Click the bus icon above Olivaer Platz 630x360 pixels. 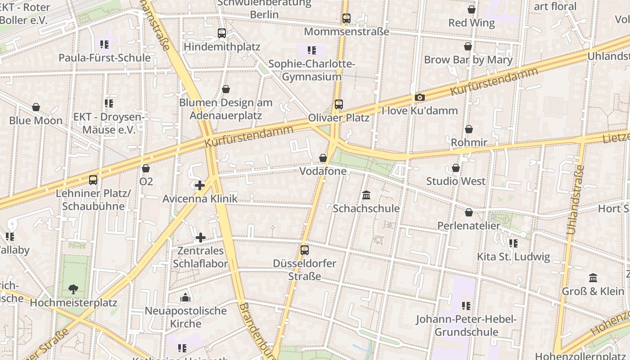(x=339, y=104)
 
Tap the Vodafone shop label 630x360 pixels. (x=323, y=171)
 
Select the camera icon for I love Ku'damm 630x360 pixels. (x=419, y=98)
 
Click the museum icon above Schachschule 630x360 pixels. (x=366, y=195)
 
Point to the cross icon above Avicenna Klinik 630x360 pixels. (x=200, y=185)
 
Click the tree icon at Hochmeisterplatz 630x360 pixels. (x=73, y=289)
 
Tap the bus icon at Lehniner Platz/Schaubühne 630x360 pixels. (x=93, y=180)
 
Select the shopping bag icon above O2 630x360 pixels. (x=145, y=168)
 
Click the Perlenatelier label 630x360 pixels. (x=468, y=225)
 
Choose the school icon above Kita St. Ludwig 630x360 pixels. (x=513, y=243)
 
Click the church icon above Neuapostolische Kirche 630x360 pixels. (x=185, y=297)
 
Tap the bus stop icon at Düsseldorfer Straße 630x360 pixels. (x=305, y=250)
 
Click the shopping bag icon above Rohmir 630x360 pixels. (x=469, y=129)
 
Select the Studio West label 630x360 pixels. (x=456, y=181)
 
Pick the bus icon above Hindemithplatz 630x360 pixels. (x=222, y=33)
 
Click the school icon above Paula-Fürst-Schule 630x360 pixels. (x=104, y=44)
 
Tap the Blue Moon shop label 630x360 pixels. (x=36, y=121)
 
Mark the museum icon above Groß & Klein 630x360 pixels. (x=593, y=278)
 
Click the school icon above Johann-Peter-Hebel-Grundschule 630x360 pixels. (x=466, y=306)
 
